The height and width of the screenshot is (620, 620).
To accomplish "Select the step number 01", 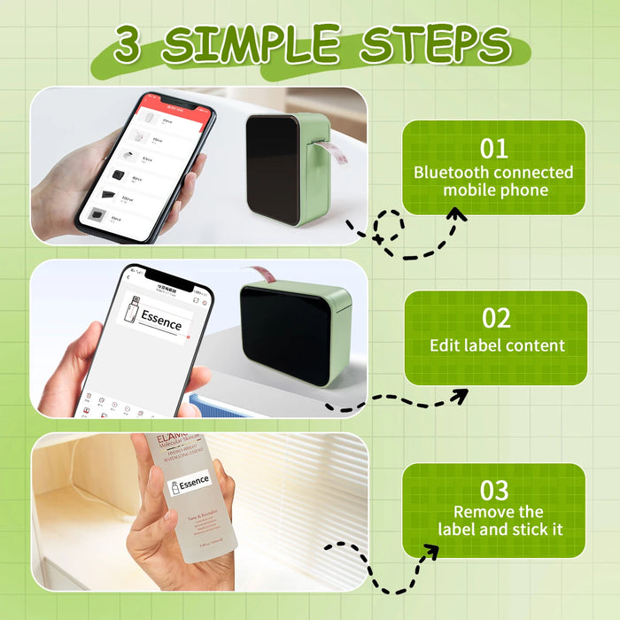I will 493,148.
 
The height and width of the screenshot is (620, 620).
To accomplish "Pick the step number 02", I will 495,318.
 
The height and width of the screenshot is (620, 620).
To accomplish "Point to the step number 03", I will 493,490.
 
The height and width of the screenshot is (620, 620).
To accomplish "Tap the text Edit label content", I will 495,345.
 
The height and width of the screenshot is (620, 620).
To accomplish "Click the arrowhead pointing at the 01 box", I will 456,214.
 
